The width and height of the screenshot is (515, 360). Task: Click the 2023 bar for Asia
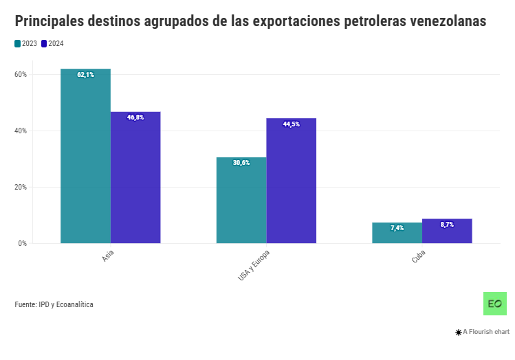[85, 158]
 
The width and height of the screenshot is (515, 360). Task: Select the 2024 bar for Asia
[135, 179]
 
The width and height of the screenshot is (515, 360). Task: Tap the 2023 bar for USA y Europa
[241, 203]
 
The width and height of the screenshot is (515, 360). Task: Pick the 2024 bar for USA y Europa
[292, 182]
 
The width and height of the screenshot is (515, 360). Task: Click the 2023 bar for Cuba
[397, 234]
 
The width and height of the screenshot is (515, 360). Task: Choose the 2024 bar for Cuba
[447, 232]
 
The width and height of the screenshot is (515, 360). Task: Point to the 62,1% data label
[86, 74]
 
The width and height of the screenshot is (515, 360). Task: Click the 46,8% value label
[135, 117]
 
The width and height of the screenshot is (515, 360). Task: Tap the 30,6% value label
[241, 163]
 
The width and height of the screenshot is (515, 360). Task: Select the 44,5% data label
[292, 124]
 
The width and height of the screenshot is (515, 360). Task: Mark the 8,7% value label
[447, 225]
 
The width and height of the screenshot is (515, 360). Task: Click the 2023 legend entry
[25, 44]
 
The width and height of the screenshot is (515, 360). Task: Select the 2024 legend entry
[52, 44]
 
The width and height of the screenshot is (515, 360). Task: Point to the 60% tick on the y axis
[21, 74]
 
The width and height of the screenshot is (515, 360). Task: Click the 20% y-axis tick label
[21, 187]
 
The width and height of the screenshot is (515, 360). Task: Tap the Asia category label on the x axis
[108, 257]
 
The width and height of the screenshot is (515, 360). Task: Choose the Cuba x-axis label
[418, 257]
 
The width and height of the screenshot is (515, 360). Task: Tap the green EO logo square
[495, 304]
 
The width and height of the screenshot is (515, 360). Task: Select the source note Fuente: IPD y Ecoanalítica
[54, 304]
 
